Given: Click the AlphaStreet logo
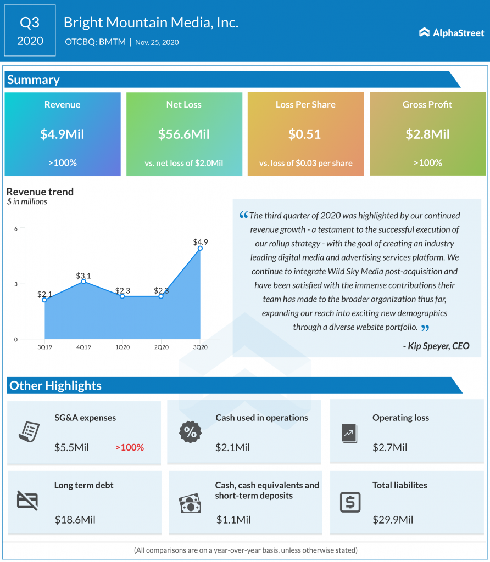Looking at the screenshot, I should click(x=451, y=33).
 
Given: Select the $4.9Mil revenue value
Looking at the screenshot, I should click(x=62, y=134).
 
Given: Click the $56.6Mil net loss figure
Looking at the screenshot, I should click(x=184, y=134).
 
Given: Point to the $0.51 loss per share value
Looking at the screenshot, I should click(x=305, y=134).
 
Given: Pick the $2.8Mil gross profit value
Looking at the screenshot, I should click(x=427, y=134).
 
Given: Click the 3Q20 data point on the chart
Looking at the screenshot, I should click(x=200, y=248).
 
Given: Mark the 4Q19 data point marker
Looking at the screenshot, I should click(x=83, y=282).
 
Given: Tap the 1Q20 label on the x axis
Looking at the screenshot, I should click(x=122, y=347).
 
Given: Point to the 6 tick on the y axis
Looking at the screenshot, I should click(x=16, y=228).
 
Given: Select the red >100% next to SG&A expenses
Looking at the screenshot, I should click(x=129, y=447).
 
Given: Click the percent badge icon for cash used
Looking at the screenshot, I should click(x=190, y=432).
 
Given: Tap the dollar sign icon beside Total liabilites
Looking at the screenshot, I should click(x=350, y=502).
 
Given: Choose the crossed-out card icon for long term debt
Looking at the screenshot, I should click(x=27, y=500).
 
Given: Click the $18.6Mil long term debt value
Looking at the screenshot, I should click(x=75, y=519).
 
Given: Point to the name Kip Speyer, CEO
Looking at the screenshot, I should click(x=436, y=346).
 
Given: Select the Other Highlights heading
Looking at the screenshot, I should click(x=55, y=385).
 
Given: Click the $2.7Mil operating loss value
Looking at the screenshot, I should click(x=389, y=447).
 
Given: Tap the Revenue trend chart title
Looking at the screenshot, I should click(x=40, y=192).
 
